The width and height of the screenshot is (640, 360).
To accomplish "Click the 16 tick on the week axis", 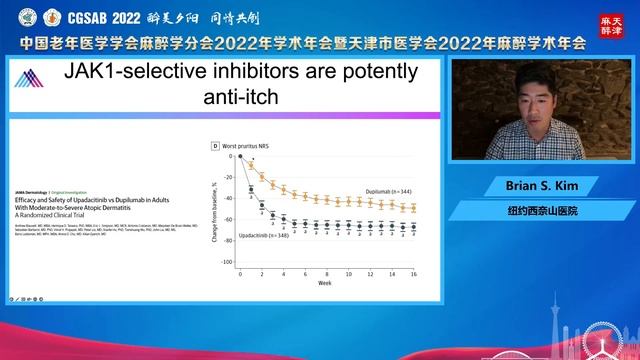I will click(414, 272).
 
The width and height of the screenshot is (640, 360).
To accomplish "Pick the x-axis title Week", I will click(324, 283).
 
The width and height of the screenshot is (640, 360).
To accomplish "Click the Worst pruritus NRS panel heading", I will click(249, 146).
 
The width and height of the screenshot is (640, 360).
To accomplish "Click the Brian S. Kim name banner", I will click(540, 187).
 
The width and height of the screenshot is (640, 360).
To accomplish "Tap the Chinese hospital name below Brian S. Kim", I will click(540, 212).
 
